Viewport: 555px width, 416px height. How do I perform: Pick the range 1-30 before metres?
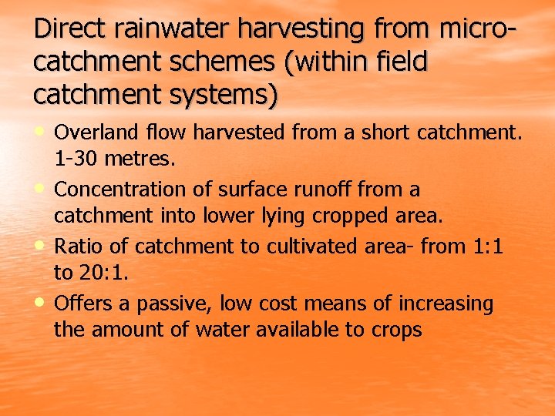[x=73, y=160]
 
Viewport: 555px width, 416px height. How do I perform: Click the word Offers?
[x=77, y=304]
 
